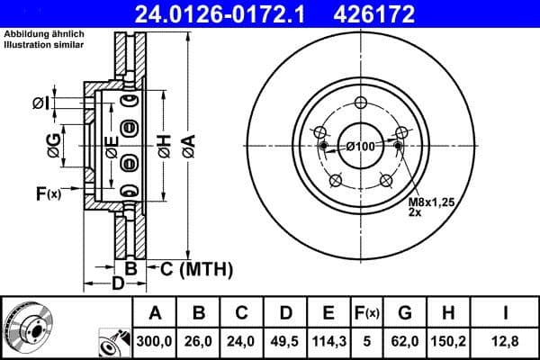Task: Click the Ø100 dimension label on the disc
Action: coord(361,147)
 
